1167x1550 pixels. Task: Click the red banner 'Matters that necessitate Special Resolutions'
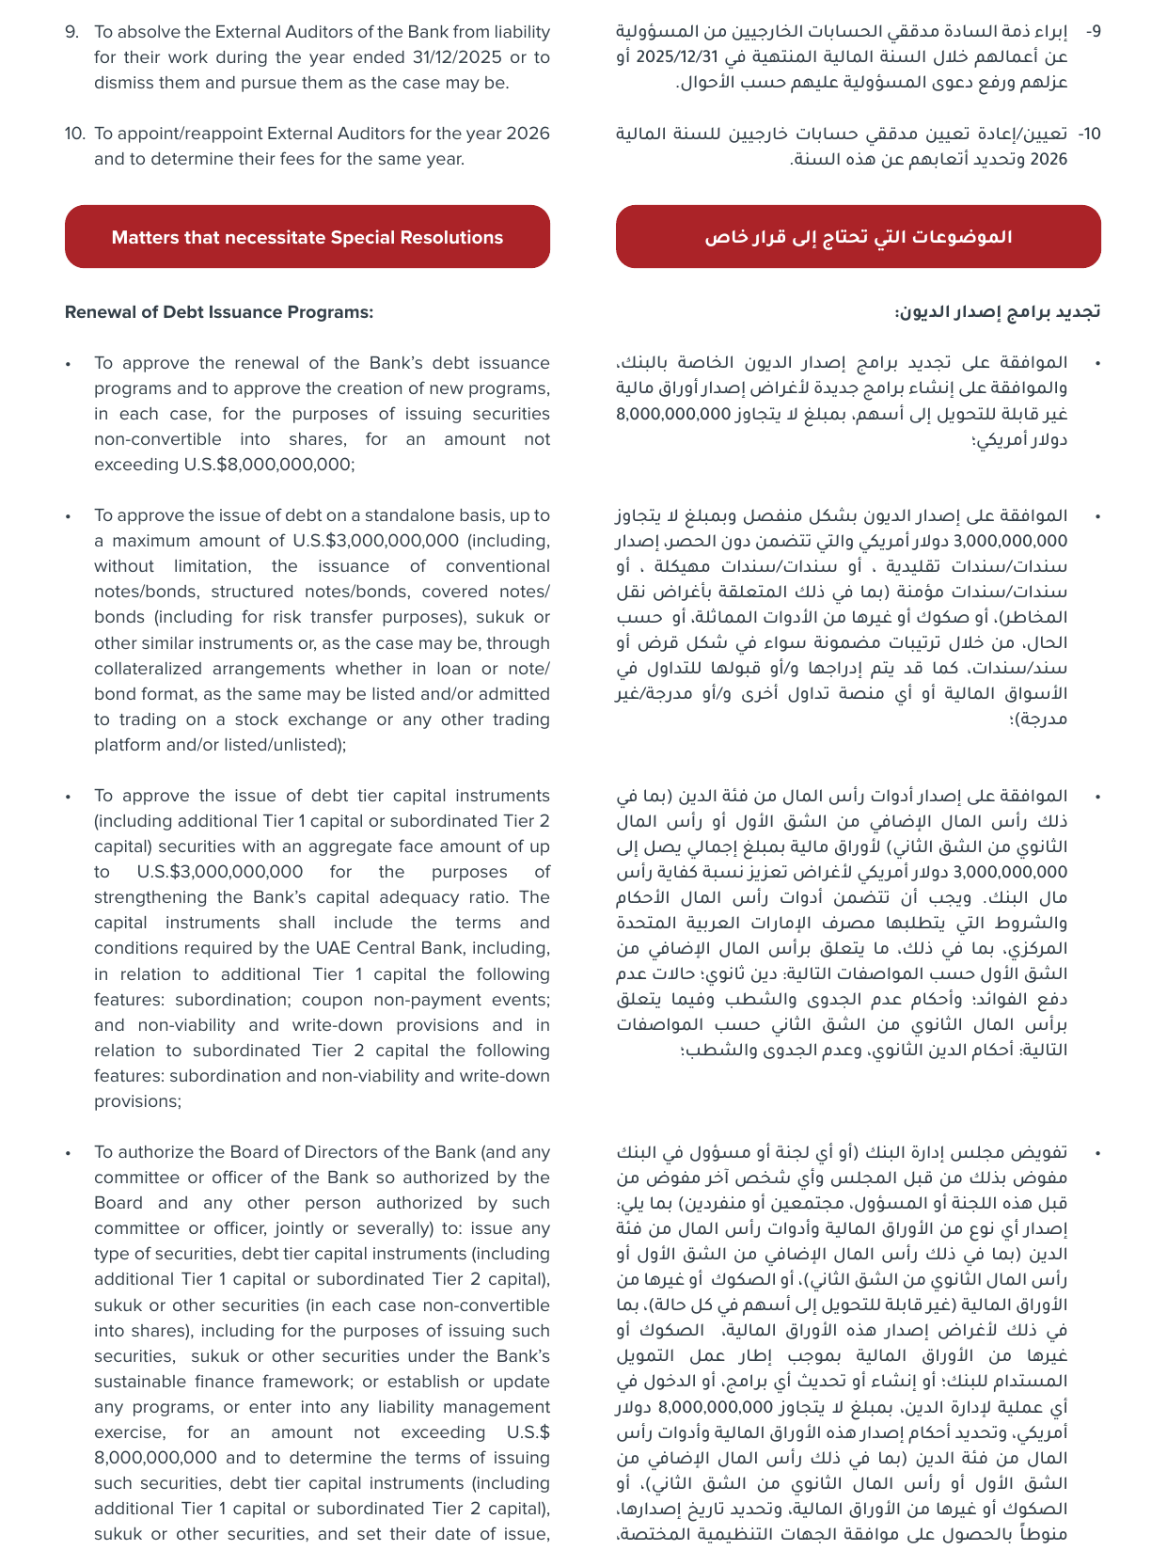point(307,237)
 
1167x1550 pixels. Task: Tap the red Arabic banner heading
point(858,237)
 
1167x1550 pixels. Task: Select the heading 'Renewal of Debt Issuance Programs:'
point(219,312)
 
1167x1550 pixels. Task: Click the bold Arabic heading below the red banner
point(997,312)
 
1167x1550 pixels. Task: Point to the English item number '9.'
point(72,32)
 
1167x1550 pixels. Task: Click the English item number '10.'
point(75,134)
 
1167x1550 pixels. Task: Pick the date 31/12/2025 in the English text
point(457,57)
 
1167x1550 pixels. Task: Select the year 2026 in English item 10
point(528,134)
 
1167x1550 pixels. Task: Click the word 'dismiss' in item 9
point(121,83)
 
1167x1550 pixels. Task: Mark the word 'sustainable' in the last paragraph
point(140,1382)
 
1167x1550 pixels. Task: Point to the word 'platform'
point(124,745)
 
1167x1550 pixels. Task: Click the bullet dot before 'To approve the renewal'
point(68,364)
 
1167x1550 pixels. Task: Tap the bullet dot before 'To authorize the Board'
point(68,1153)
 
